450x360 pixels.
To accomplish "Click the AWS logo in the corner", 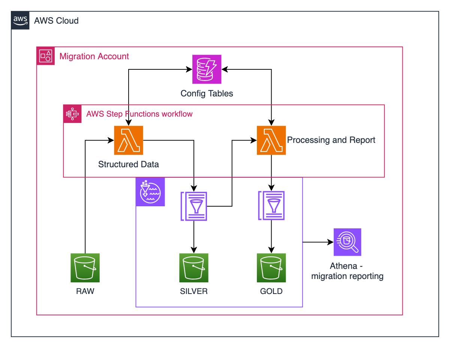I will click(x=20, y=20).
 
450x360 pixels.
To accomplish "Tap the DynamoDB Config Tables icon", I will click(x=207, y=69).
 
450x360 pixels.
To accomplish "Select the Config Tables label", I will click(x=207, y=93).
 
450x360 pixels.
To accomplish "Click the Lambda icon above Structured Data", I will click(x=129, y=140).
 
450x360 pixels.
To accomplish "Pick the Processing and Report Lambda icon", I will click(x=271, y=140).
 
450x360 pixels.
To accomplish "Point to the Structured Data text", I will click(x=129, y=164).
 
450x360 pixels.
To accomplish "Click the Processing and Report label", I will click(x=331, y=140).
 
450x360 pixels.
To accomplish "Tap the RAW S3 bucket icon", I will click(x=85, y=268).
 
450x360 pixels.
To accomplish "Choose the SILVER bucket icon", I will click(x=194, y=268).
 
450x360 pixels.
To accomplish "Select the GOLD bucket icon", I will click(x=271, y=268).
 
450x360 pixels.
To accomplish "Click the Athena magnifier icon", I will click(x=347, y=242).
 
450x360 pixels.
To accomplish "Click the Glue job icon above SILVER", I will click(x=194, y=206).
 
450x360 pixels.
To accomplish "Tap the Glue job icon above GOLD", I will click(x=271, y=206).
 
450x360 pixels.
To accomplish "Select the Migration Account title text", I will click(x=94, y=57).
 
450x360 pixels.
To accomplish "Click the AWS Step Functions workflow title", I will click(x=139, y=114).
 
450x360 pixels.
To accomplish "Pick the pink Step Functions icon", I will click(x=72, y=114).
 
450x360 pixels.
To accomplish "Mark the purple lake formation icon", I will click(x=150, y=192).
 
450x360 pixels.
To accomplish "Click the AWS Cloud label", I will click(x=56, y=21).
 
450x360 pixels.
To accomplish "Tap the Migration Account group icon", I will click(x=46, y=56).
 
